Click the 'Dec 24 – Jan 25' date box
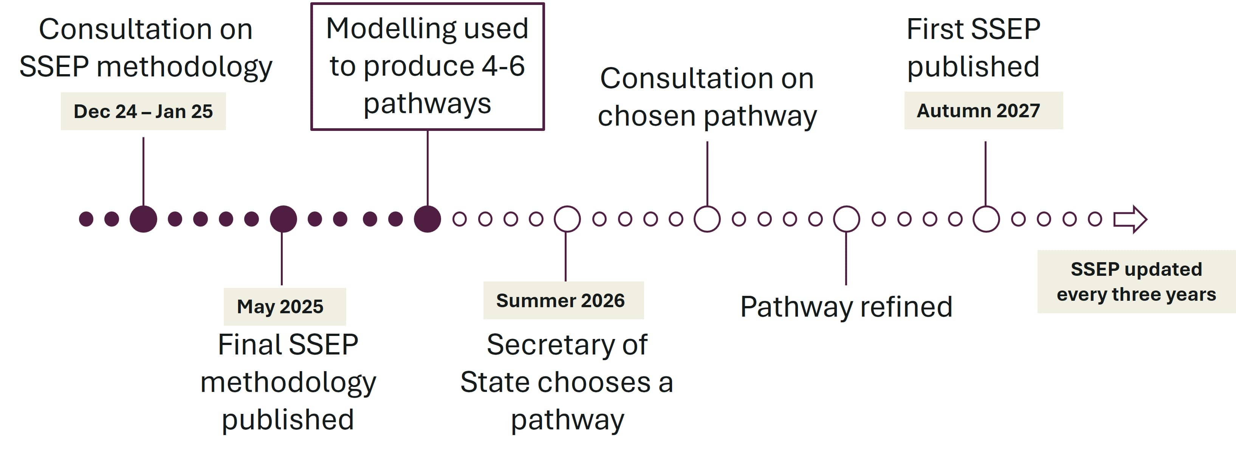(x=143, y=111)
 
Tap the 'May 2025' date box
(x=285, y=307)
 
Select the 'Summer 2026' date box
(x=563, y=300)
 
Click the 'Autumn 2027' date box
(x=983, y=111)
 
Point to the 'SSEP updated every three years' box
(x=1136, y=282)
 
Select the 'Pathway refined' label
(x=846, y=307)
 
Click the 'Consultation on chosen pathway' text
(x=707, y=97)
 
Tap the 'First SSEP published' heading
(x=973, y=48)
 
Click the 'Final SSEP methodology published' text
(x=288, y=382)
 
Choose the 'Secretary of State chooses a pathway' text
(x=567, y=382)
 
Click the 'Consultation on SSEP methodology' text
(x=146, y=48)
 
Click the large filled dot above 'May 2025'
(x=283, y=219)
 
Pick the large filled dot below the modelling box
(x=427, y=219)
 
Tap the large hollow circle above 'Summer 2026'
(x=567, y=219)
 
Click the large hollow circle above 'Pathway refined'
(x=846, y=219)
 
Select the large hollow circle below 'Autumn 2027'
(x=986, y=219)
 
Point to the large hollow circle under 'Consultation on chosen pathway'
(x=707, y=219)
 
